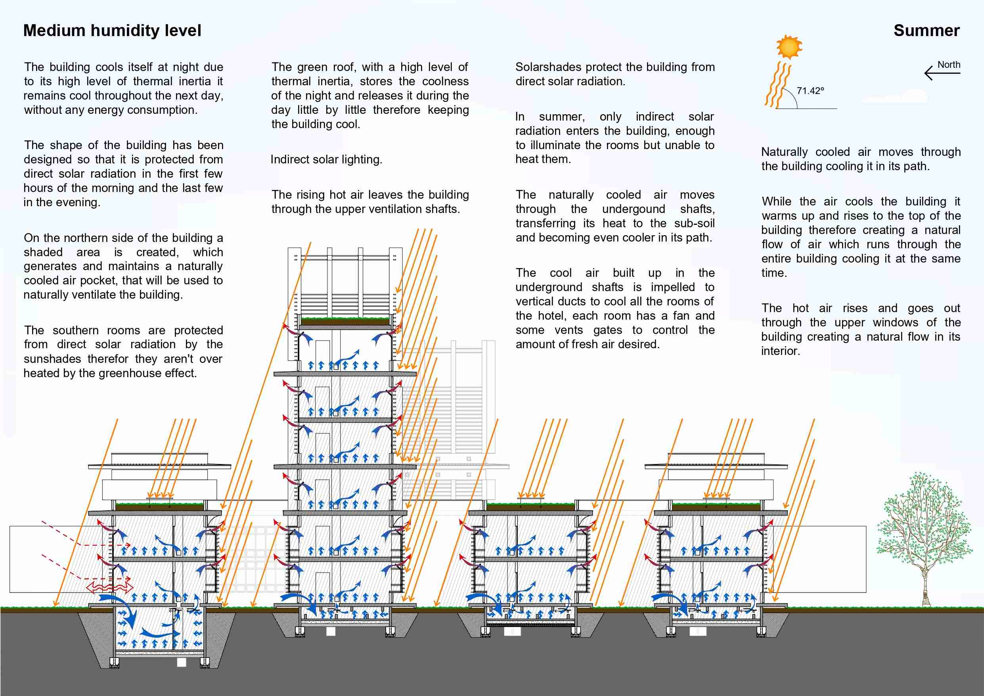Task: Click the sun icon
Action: point(789,47)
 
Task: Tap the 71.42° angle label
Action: point(810,91)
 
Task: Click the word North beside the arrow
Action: point(949,65)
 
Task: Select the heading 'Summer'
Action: point(926,31)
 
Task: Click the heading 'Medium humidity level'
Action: point(112,31)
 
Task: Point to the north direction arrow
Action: point(942,73)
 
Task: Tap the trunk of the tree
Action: point(927,587)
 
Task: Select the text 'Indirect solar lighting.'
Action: point(326,159)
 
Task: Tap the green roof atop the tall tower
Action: point(345,320)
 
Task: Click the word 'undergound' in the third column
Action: point(634,209)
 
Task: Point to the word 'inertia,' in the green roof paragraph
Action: point(334,81)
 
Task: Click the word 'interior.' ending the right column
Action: point(780,351)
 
